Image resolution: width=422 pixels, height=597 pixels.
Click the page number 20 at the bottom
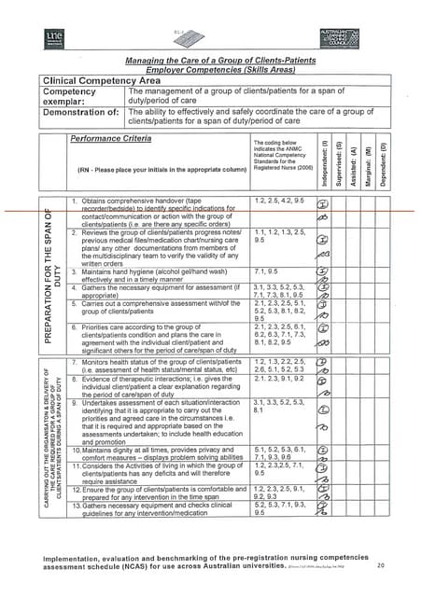[380, 565]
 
